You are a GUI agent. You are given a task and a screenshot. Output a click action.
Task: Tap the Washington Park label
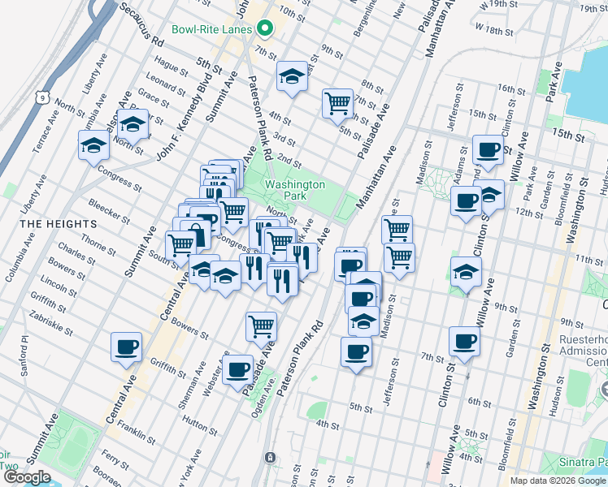pyautogui.click(x=294, y=191)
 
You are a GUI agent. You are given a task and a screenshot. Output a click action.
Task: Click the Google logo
pyautogui.click(x=27, y=476)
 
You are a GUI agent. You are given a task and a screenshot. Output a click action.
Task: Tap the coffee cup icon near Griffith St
pyautogui.click(x=127, y=347)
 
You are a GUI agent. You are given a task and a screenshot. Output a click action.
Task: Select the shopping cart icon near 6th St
pyautogui.click(x=337, y=102)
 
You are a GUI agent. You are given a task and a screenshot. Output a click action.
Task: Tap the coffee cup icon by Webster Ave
pyautogui.click(x=238, y=368)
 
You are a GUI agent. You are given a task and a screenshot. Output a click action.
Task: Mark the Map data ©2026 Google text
pyautogui.click(x=557, y=481)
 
